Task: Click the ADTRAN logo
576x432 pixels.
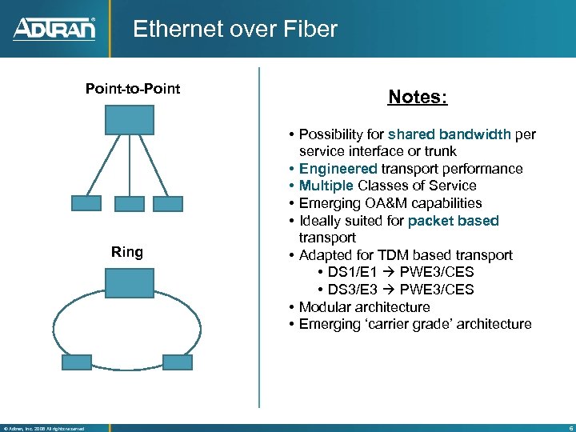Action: (x=54, y=29)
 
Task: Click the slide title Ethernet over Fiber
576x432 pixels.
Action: (x=235, y=30)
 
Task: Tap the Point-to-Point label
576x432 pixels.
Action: (x=133, y=88)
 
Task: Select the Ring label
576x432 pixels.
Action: (x=127, y=253)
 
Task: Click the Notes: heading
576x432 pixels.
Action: (x=418, y=98)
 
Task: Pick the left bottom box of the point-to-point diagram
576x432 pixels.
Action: (x=86, y=203)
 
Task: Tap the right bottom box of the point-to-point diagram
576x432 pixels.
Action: (x=168, y=203)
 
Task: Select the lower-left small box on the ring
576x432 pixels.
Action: (x=77, y=361)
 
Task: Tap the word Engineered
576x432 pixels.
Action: (x=338, y=169)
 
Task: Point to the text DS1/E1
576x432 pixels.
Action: (x=352, y=273)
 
